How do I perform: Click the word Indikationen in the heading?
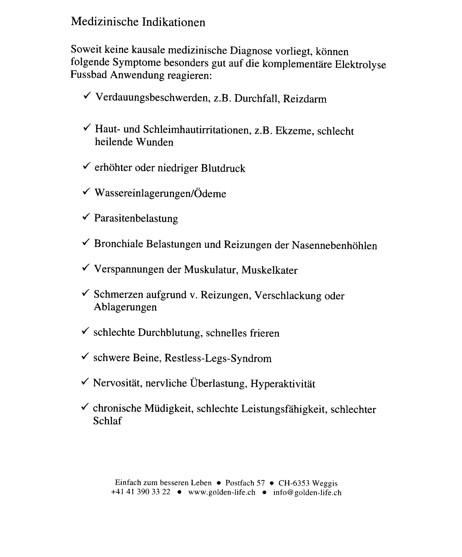pos(174,22)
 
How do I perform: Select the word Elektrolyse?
pos(360,64)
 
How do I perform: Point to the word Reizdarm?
pos(305,99)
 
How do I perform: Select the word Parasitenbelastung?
pos(136,218)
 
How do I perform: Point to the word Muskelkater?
pos(269,270)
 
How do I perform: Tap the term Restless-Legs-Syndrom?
pos(218,359)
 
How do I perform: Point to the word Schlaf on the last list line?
pos(107,421)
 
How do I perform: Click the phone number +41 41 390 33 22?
pos(140,492)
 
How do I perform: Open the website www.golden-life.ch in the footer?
pos(222,492)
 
